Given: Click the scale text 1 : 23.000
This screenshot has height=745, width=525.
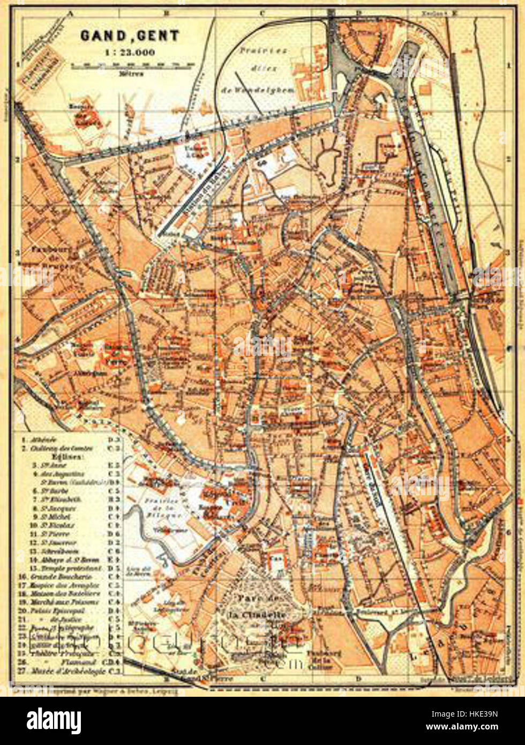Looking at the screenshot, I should (130, 53).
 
